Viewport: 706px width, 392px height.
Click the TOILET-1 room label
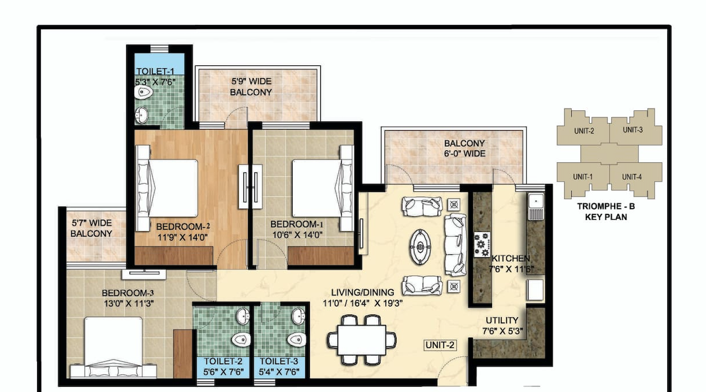[155, 72]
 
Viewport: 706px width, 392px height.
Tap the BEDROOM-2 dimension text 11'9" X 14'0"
[183, 237]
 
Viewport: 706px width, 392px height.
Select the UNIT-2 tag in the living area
[440, 345]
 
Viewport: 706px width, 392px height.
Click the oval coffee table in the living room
[420, 247]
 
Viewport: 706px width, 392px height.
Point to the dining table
[362, 341]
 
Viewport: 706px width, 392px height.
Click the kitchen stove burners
[482, 244]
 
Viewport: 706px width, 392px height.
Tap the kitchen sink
[536, 207]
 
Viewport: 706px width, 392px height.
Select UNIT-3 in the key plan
[633, 130]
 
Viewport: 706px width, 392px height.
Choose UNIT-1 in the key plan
[583, 177]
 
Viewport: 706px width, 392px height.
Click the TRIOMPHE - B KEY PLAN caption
[606, 212]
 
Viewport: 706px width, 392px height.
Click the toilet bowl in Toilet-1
[143, 93]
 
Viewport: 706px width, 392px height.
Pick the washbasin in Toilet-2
[243, 316]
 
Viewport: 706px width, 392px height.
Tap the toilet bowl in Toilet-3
[297, 340]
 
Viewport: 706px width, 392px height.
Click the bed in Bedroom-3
[113, 347]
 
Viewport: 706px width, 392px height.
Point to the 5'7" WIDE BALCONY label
[91, 228]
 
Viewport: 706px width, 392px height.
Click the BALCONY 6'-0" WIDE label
[464, 149]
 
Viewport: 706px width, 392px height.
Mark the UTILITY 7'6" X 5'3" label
[502, 326]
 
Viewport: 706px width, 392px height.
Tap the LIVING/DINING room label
[363, 293]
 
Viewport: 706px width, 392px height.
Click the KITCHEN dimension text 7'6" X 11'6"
[511, 269]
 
